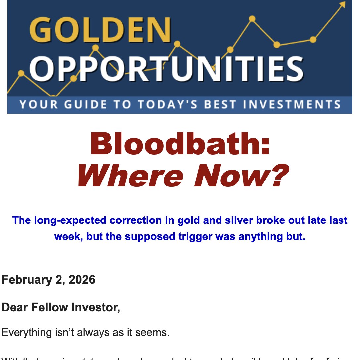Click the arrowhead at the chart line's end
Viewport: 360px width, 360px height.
click(x=342, y=4)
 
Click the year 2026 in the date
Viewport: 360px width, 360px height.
click(x=82, y=280)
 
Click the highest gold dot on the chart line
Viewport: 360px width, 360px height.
click(x=252, y=19)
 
